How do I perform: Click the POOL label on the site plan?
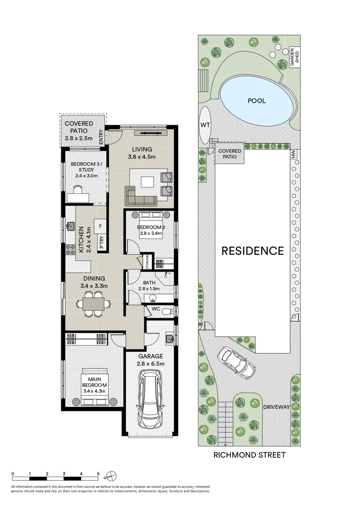(x=257, y=100)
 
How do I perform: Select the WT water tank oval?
(x=205, y=124)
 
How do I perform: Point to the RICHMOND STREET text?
(x=249, y=455)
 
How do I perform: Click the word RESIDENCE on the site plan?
(x=253, y=251)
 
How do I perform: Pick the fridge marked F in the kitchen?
(x=101, y=226)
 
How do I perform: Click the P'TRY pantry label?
(x=101, y=242)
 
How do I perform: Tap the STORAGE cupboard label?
(x=147, y=262)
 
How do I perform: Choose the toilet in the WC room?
(x=167, y=311)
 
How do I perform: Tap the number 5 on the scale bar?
(x=98, y=474)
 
